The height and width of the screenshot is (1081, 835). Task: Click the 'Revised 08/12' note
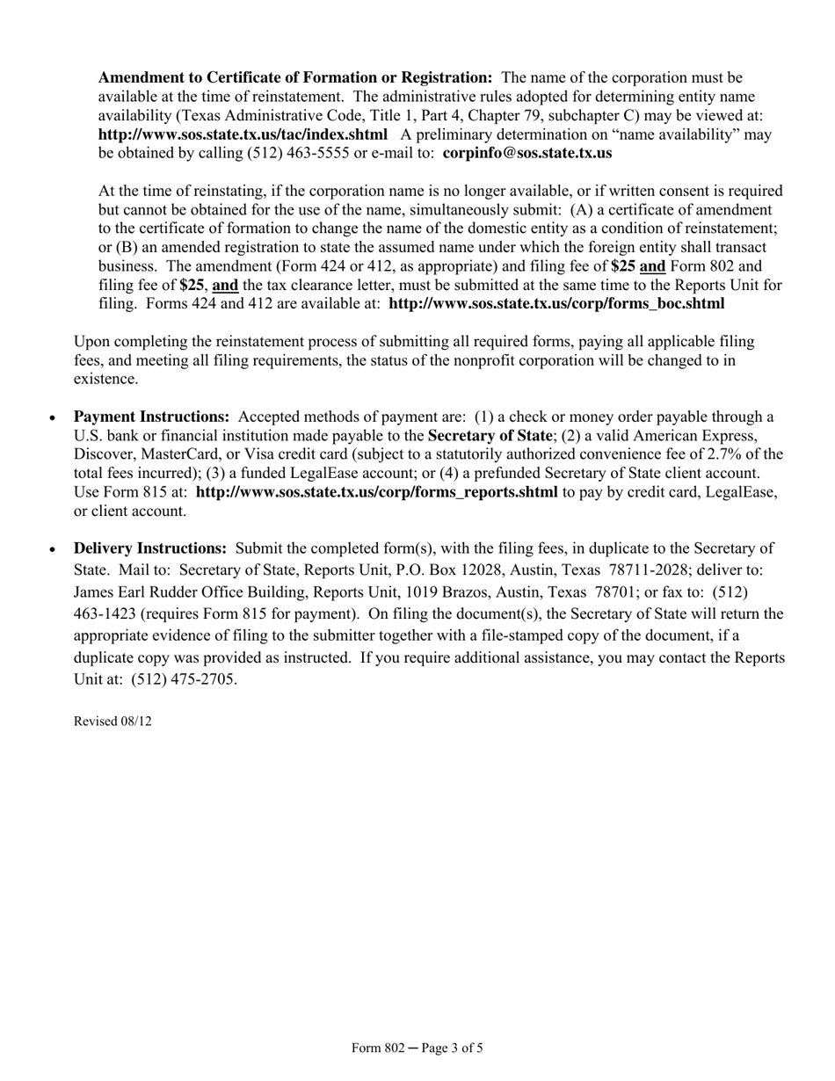[113, 721]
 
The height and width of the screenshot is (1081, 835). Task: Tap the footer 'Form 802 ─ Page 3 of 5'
[417, 1048]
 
